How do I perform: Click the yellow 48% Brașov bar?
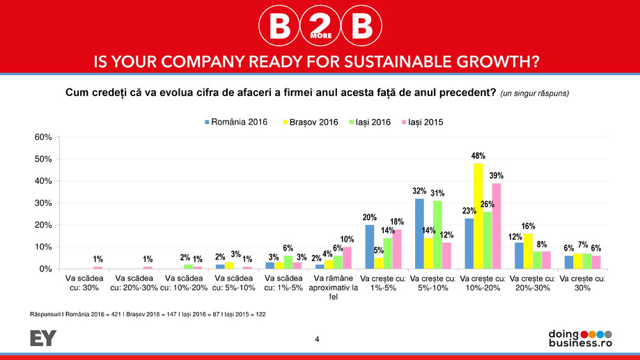coord(478,216)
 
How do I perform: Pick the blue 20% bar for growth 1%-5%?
coord(369,246)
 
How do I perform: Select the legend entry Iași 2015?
coord(418,122)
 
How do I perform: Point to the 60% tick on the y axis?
coord(43,137)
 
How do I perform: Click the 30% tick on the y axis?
coord(43,203)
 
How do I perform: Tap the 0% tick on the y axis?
coord(46,269)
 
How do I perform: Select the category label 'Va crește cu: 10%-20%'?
coord(482,283)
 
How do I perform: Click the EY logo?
coord(42,338)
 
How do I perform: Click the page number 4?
coord(318,339)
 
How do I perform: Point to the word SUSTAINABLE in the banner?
coord(360,63)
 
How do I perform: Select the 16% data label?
coord(528,226)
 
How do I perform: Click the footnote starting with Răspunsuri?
coord(148,315)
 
